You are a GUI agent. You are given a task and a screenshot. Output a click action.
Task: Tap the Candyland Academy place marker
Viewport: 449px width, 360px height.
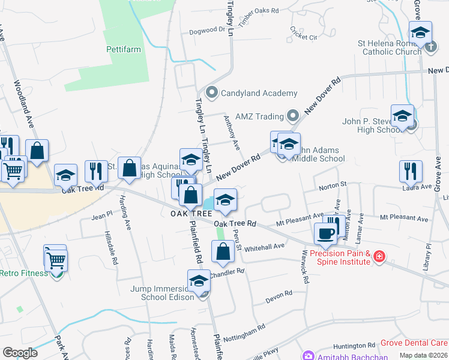click(211, 93)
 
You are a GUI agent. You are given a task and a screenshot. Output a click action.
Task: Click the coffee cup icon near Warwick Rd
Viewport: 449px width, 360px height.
click(325, 233)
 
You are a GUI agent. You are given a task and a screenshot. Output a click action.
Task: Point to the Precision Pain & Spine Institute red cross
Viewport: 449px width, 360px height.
click(379, 257)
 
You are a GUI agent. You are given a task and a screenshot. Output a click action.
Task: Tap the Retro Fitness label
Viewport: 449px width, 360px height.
click(23, 274)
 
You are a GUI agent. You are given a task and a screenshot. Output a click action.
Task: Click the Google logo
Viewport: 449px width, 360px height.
click(20, 353)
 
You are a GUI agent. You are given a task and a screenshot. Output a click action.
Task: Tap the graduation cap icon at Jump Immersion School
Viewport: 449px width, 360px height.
click(199, 280)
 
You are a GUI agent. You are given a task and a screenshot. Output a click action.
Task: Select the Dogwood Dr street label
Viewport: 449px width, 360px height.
click(207, 30)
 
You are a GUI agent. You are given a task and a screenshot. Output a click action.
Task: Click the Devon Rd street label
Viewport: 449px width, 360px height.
click(280, 294)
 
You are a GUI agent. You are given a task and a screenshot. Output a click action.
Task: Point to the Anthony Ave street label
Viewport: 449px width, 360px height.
click(232, 133)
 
